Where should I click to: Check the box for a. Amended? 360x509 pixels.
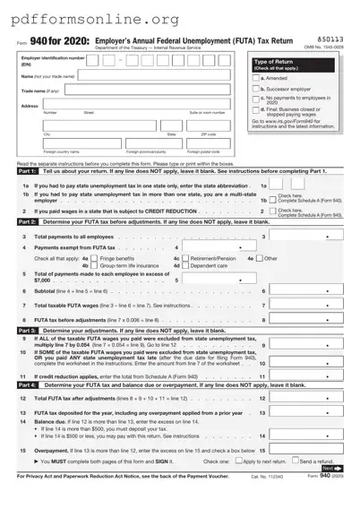pyautogui.click(x=255, y=78)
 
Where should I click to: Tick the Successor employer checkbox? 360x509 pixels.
pyautogui.click(x=255, y=89)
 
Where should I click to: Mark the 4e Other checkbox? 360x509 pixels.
pyautogui.click(x=259, y=258)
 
